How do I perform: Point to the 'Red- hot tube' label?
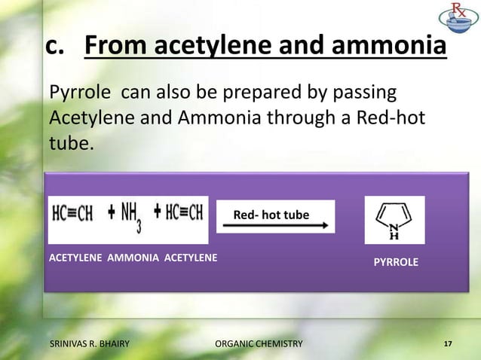click(271, 215)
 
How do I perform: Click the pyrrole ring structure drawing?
click(394, 220)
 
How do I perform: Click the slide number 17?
click(448, 344)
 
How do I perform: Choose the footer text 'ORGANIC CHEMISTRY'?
click(258, 344)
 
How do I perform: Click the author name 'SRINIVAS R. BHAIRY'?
click(89, 344)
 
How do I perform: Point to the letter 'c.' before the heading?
click(60, 47)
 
